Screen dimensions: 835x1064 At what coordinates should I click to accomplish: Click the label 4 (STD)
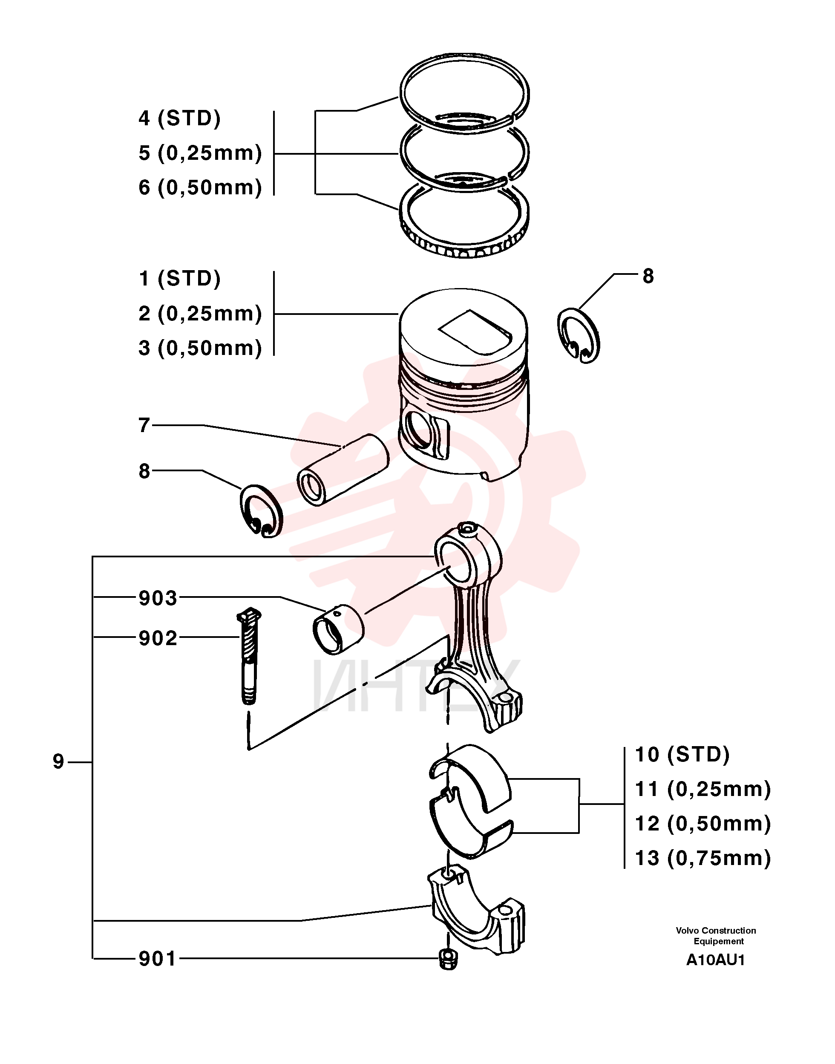click(179, 118)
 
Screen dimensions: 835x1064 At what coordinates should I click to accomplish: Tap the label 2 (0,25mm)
click(200, 314)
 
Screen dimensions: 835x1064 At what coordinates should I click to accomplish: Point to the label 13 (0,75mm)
click(703, 858)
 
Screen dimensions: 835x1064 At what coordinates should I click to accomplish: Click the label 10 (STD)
click(682, 755)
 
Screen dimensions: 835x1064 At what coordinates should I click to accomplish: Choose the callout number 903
click(158, 598)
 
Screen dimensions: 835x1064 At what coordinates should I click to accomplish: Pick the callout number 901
click(158, 959)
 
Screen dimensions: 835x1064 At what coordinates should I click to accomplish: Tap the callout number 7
click(144, 425)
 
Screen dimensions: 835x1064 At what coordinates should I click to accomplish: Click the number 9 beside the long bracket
click(59, 762)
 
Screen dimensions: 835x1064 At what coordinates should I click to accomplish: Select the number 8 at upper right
click(648, 276)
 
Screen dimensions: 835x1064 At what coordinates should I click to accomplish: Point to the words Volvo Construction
click(716, 931)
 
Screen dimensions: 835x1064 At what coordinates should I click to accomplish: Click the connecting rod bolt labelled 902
click(249, 656)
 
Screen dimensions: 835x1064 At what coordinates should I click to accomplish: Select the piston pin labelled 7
click(343, 470)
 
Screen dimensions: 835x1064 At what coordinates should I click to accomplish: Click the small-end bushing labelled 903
click(338, 629)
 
